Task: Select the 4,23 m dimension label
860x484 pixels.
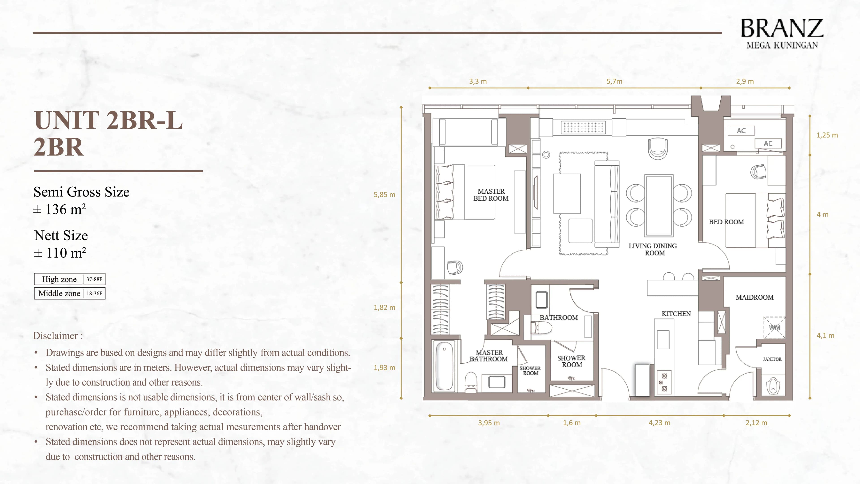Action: [659, 423]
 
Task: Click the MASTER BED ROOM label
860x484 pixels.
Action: [491, 195]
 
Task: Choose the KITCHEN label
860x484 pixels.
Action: [676, 314]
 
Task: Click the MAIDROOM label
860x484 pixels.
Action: [755, 297]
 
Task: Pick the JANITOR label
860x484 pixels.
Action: [772, 359]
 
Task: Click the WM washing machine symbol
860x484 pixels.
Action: [774, 327]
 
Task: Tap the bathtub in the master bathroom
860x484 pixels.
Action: [444, 366]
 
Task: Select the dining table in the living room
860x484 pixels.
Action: [659, 206]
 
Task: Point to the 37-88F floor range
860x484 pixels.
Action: [94, 279]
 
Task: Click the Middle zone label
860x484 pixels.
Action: [59, 294]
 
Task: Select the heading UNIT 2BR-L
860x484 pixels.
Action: [108, 120]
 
